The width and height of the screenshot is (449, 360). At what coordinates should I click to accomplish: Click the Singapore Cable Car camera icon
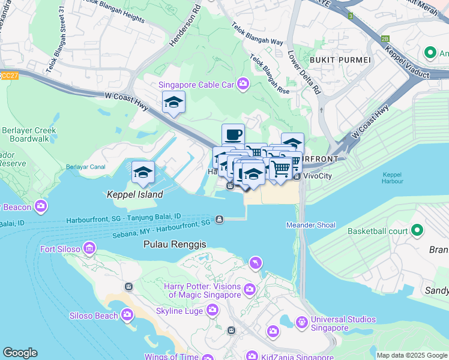[243, 84]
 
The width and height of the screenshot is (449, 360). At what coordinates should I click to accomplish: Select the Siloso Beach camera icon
[127, 314]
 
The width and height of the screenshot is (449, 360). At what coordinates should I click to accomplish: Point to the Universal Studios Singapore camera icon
[303, 323]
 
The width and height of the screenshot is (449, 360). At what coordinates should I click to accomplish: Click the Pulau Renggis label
[175, 245]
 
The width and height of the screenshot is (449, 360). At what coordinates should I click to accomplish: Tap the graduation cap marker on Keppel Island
[143, 173]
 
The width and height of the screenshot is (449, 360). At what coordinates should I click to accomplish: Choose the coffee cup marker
[233, 135]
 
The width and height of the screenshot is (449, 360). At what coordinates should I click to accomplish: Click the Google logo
[20, 353]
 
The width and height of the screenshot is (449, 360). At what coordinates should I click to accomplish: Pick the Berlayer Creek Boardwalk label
[28, 134]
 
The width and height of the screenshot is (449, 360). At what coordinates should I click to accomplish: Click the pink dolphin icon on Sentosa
[256, 263]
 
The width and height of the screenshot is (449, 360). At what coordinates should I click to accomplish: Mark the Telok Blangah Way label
[257, 34]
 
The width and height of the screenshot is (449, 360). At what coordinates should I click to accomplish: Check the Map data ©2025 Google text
[412, 355]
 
